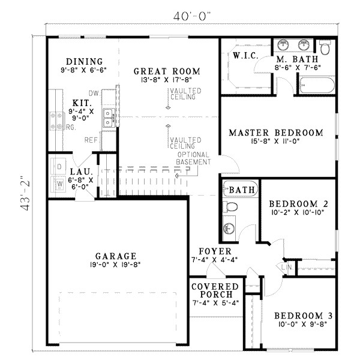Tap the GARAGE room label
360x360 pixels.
tap(116, 255)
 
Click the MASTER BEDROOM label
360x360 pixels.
tap(276, 133)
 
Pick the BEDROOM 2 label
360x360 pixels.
tap(298, 203)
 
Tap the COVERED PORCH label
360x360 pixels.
tap(215, 287)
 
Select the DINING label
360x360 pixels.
tap(84, 62)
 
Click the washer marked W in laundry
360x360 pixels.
tap(61, 184)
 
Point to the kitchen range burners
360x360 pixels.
tap(58, 121)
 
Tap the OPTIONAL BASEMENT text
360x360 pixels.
tap(193, 158)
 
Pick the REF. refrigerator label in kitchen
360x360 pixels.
tap(91, 140)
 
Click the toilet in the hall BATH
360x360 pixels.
tap(230, 206)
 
